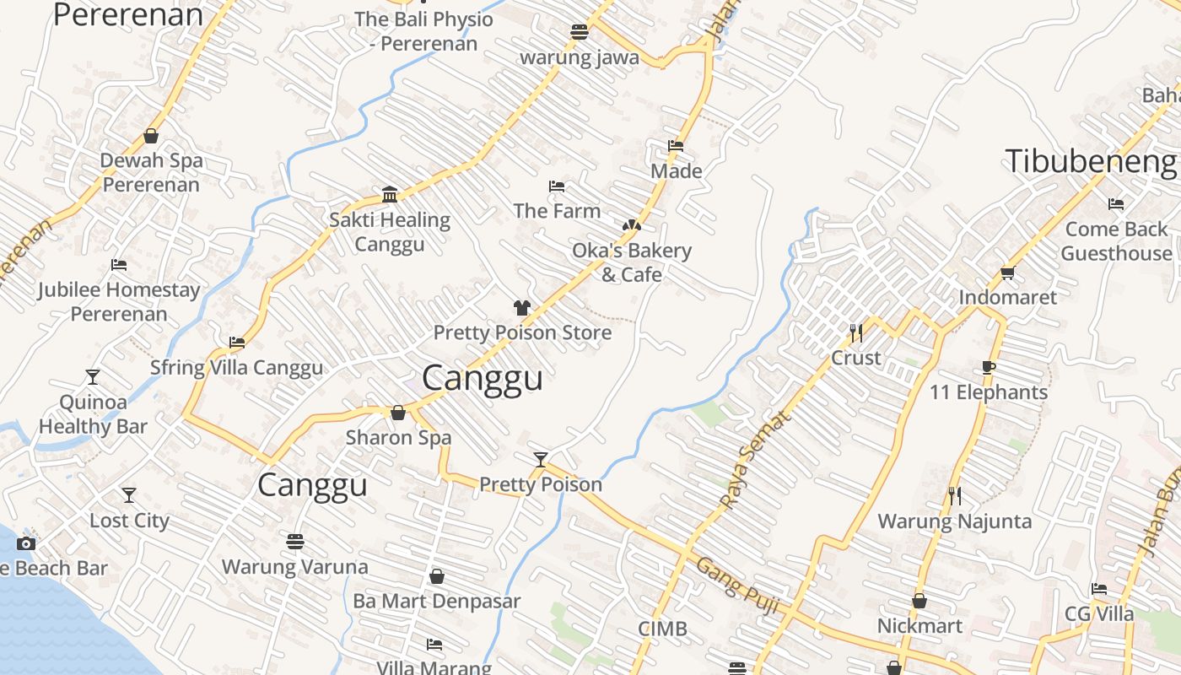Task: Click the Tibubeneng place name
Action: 1090,160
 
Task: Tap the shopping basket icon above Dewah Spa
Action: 151,136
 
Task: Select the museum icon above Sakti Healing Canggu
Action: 390,194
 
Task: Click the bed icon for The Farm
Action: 556,186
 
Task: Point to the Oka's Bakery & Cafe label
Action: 631,262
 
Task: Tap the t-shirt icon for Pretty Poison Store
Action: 521,308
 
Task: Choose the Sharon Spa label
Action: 398,438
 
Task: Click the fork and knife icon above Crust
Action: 856,332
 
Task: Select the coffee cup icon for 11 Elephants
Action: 989,367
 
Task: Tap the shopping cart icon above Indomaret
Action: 1007,273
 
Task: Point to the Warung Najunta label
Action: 954,521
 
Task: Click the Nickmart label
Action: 919,626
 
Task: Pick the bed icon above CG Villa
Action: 1098,589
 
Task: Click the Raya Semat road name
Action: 756,460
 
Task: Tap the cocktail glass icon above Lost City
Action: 129,494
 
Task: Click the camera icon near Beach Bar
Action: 26,543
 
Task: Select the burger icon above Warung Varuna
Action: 294,540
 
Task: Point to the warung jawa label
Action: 579,58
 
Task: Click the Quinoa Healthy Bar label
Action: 93,414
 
